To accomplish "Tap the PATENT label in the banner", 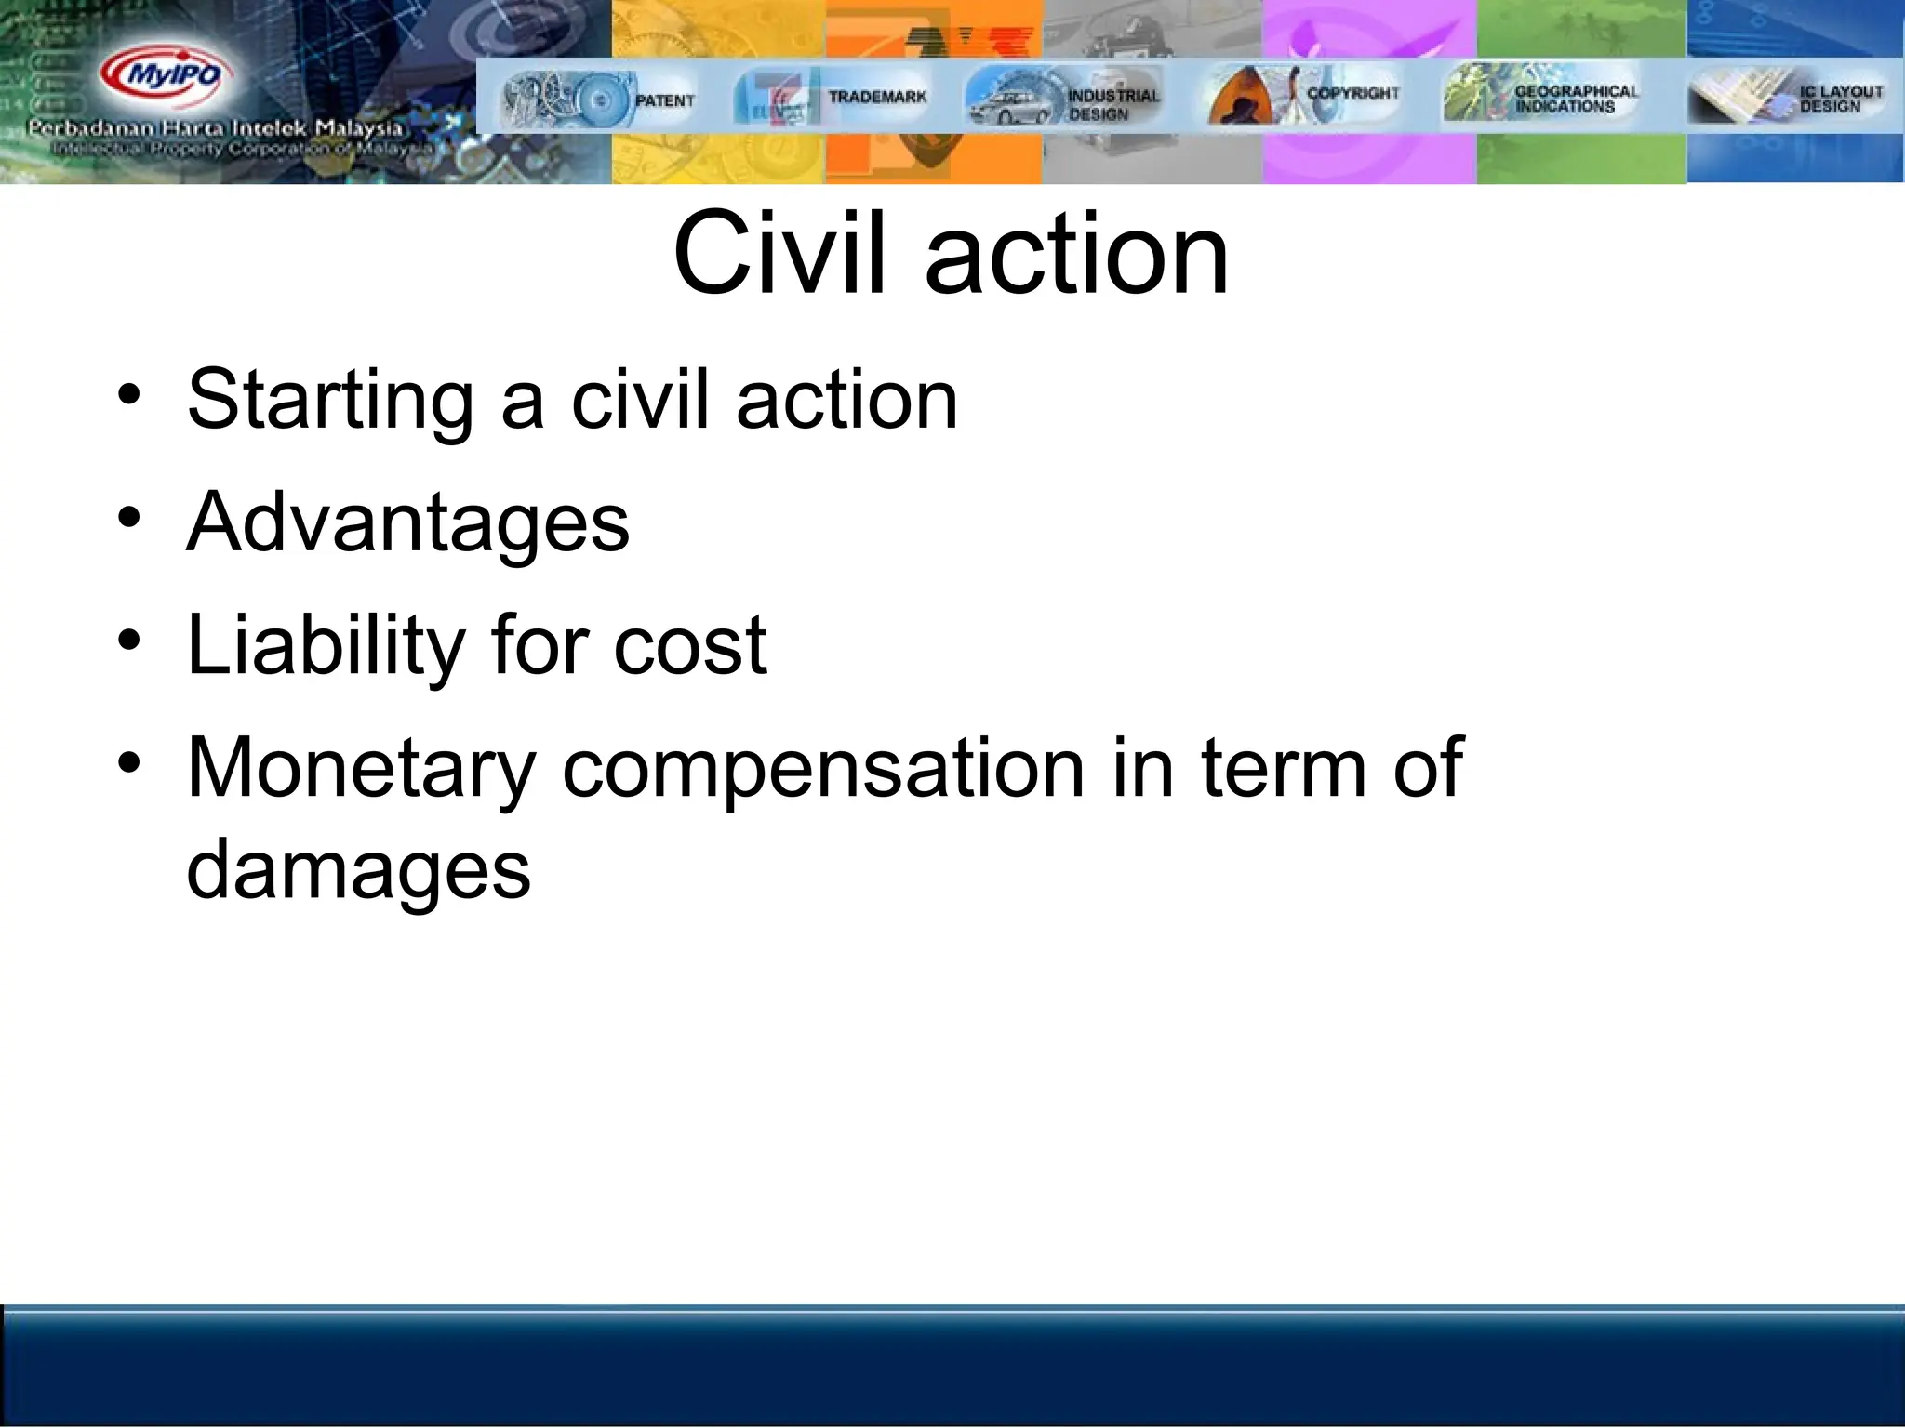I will pyautogui.click(x=664, y=100).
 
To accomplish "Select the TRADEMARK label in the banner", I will pyautogui.click(x=877, y=97).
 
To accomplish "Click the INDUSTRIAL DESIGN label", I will pyautogui.click(x=1112, y=104).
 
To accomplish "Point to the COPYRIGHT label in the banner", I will pyautogui.click(x=1352, y=93).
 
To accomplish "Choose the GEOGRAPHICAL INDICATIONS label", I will pyautogui.click(x=1576, y=99).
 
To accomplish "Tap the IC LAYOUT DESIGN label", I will pyautogui.click(x=1840, y=99).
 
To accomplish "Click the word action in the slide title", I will pyautogui.click(x=1076, y=253).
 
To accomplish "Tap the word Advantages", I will pyautogui.click(x=407, y=522).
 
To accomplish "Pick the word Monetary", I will pyautogui.click(x=361, y=768).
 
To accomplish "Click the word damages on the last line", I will pyautogui.click(x=358, y=870).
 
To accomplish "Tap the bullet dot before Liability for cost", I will pyautogui.click(x=129, y=640).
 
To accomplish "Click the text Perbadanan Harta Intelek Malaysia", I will pyautogui.click(x=216, y=128).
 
